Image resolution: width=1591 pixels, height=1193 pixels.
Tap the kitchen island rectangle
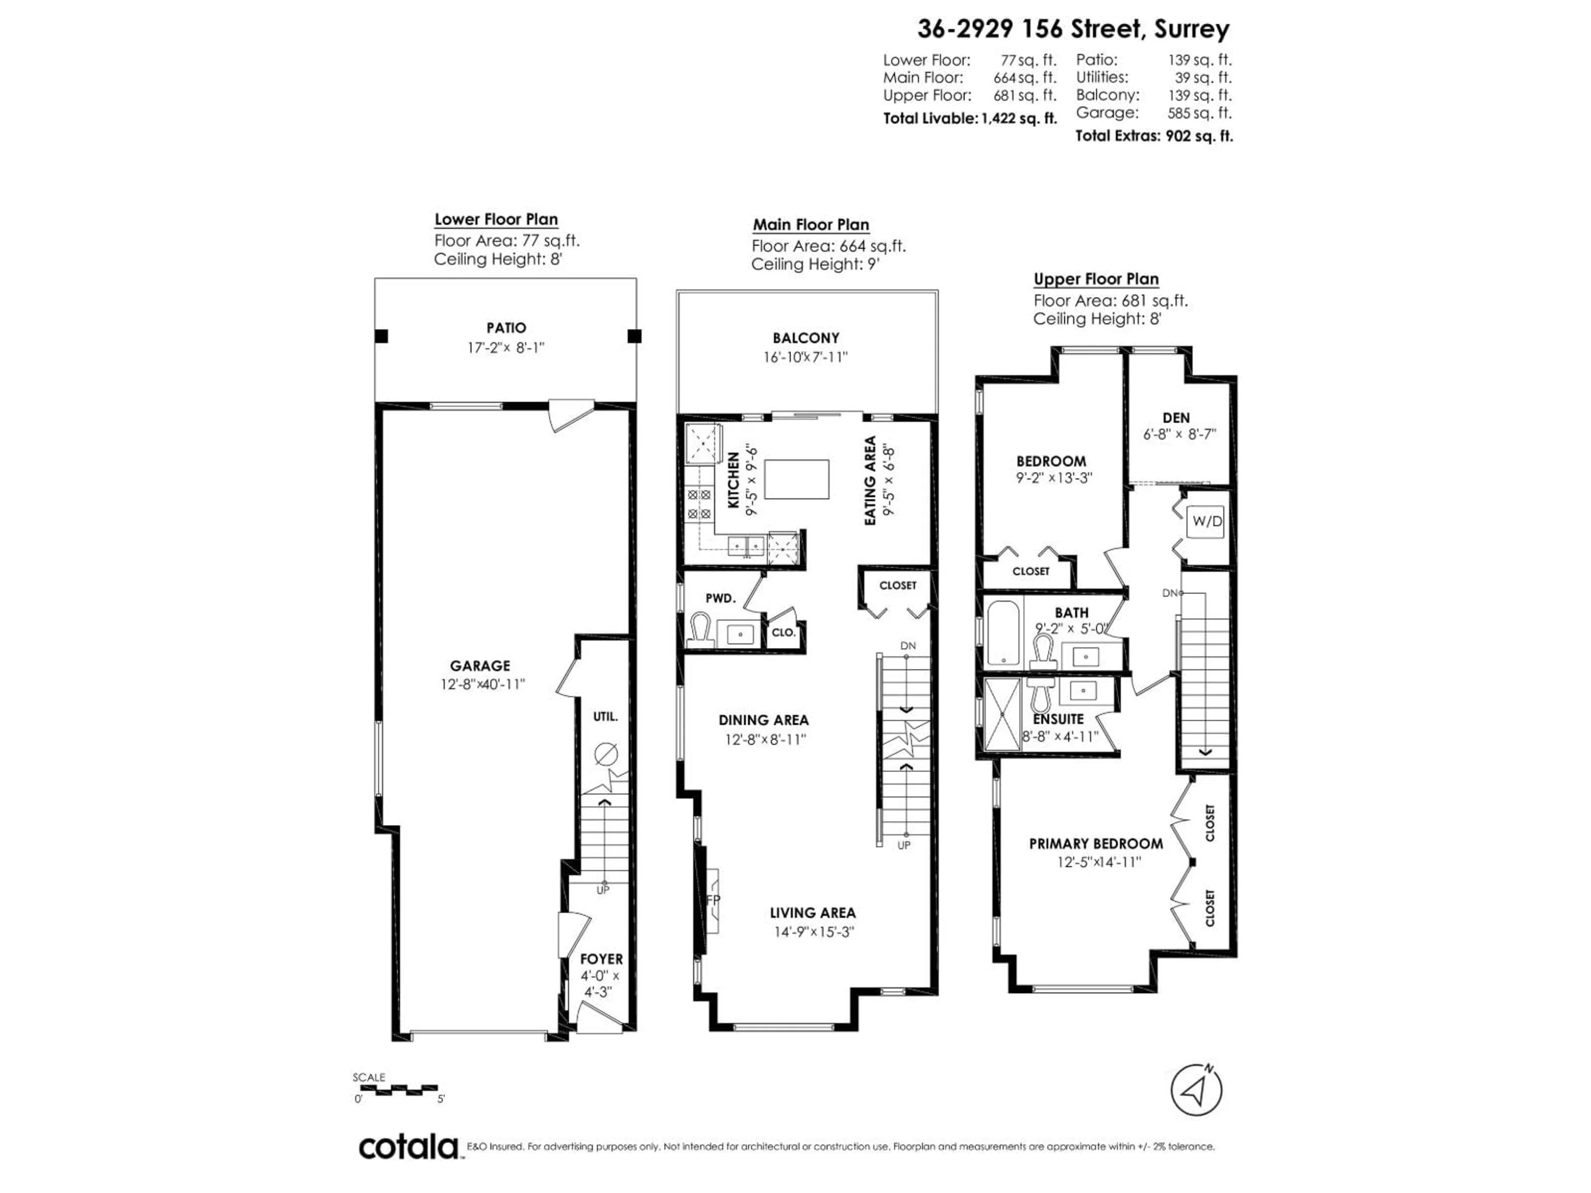tap(796, 479)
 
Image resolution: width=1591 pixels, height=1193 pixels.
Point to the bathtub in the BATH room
tap(1002, 633)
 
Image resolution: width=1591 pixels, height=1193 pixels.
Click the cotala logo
tap(408, 1146)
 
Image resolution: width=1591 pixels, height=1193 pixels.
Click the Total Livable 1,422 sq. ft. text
tap(970, 118)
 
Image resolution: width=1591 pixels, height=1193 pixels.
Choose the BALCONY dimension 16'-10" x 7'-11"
tap(805, 357)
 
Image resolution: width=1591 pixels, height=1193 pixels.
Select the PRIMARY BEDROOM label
tap(1095, 843)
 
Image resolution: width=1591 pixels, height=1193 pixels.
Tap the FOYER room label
tap(601, 959)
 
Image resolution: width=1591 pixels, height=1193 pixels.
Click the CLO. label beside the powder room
tap(783, 632)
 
